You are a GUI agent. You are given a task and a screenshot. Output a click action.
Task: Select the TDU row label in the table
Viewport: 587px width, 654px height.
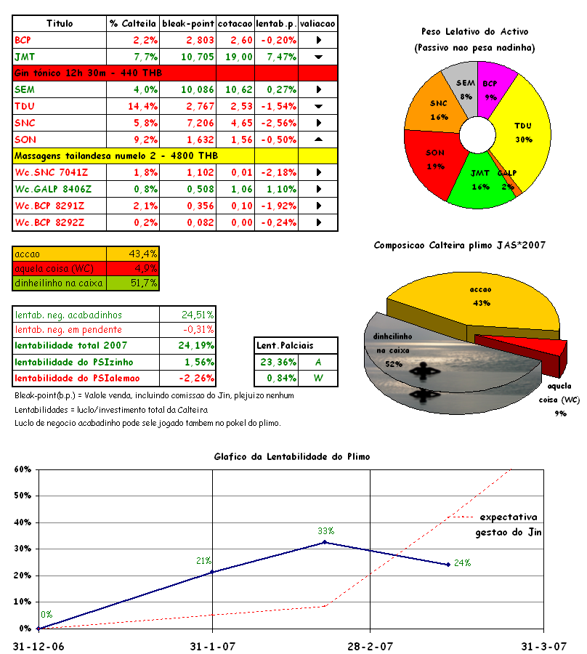pos(25,106)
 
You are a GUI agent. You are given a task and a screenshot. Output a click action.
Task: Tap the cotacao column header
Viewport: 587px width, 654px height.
pos(235,23)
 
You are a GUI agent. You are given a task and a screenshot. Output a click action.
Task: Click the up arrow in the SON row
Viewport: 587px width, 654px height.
pos(318,140)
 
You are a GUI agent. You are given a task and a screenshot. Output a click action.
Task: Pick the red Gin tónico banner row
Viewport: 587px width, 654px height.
pos(87,73)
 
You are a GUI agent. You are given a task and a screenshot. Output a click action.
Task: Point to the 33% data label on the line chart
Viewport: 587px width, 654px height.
pos(325,531)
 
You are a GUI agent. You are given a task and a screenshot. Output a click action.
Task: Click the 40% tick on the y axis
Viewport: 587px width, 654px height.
pos(21,522)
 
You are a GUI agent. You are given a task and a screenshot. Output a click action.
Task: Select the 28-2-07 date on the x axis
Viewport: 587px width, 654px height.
pos(371,645)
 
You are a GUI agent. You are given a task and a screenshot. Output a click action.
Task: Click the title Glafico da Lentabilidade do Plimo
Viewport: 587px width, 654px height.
pos(291,456)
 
